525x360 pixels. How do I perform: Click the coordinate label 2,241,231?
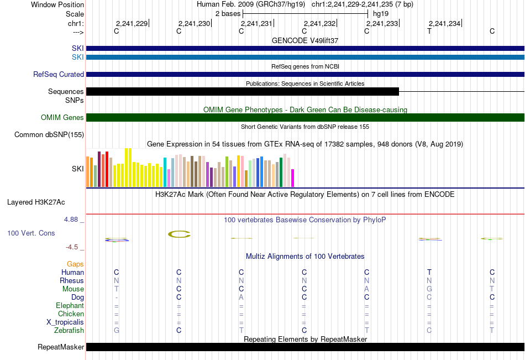pyautogui.click(x=256, y=23)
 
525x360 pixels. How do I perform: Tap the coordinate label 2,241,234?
pyautogui.click(x=445, y=23)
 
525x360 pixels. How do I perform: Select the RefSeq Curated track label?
pyautogui.click(x=59, y=75)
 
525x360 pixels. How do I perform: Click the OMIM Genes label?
pyautogui.click(x=62, y=117)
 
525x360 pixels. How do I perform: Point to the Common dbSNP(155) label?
pyautogui.click(x=49, y=135)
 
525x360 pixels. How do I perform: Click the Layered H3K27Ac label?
pyautogui.click(x=36, y=202)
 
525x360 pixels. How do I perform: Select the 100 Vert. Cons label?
pyautogui.click(x=31, y=233)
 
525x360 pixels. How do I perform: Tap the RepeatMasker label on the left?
pyautogui.click(x=61, y=347)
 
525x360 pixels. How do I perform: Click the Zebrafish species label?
pyautogui.click(x=69, y=331)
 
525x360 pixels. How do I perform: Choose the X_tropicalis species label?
pyautogui.click(x=65, y=322)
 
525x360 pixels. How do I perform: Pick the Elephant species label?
pyautogui.click(x=70, y=306)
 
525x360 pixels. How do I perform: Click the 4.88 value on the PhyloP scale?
pyautogui.click(x=71, y=220)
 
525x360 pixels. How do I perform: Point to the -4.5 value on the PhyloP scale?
pyautogui.click(x=72, y=247)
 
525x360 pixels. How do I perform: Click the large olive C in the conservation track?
pyautogui.click(x=179, y=234)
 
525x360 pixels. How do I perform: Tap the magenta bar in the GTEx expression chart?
pyautogui.click(x=293, y=178)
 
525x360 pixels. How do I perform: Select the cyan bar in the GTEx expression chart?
pyautogui.click(x=165, y=172)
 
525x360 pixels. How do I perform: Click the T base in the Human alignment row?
pyautogui.click(x=429, y=272)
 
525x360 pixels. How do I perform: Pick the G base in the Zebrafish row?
pyautogui.click(x=117, y=331)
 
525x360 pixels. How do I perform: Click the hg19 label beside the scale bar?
pyautogui.click(x=381, y=14)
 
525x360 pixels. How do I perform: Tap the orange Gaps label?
pyautogui.click(x=75, y=264)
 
